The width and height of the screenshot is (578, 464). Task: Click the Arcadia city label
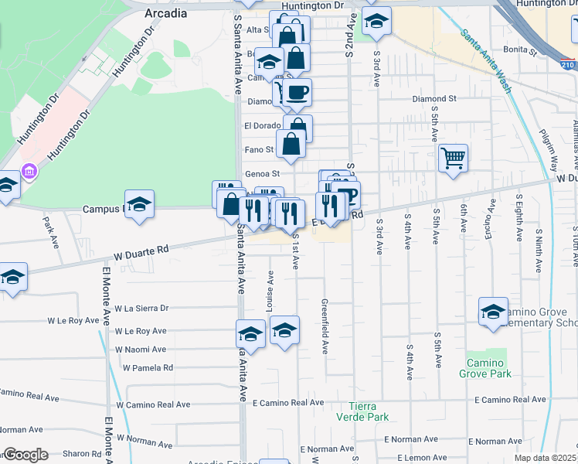click(x=165, y=13)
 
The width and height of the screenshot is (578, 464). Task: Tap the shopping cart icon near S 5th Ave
click(x=453, y=159)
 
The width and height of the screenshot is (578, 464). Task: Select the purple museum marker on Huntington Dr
click(x=29, y=170)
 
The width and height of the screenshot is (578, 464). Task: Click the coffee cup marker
click(x=297, y=93)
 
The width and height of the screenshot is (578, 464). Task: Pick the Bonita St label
click(x=521, y=52)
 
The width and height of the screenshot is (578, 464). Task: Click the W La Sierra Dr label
click(x=141, y=308)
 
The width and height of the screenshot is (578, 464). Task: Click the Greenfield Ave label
click(x=325, y=326)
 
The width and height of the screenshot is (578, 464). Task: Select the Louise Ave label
click(x=270, y=291)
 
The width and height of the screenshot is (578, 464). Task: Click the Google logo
click(x=25, y=455)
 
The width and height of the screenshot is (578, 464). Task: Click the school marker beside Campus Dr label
click(x=139, y=205)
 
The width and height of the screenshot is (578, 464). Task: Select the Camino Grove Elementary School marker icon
click(x=493, y=312)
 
